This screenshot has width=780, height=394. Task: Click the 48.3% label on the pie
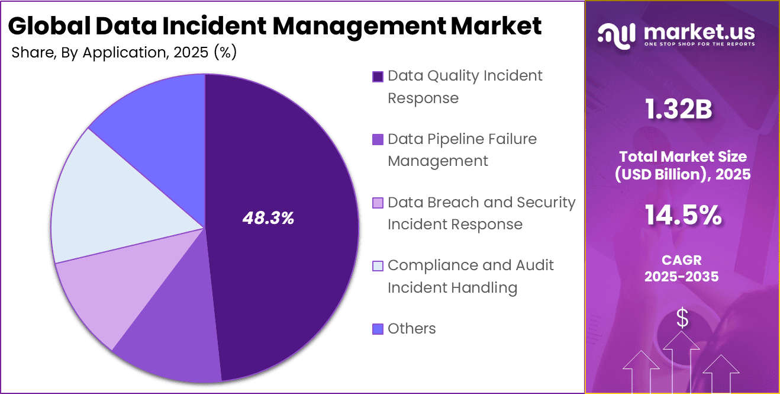click(x=268, y=218)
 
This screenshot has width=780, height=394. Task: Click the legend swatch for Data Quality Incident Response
click(x=378, y=76)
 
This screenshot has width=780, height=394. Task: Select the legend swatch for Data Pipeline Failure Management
click(x=378, y=140)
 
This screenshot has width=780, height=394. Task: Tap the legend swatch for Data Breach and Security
click(x=378, y=203)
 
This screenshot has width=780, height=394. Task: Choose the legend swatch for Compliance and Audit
click(x=378, y=266)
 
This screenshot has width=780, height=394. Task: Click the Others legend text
click(x=411, y=329)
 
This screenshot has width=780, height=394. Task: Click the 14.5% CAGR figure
click(x=682, y=215)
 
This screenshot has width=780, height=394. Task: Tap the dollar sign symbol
click(x=682, y=318)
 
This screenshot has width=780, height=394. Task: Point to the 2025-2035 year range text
click(x=682, y=277)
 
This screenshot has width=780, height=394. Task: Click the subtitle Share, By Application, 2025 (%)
click(x=124, y=53)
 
